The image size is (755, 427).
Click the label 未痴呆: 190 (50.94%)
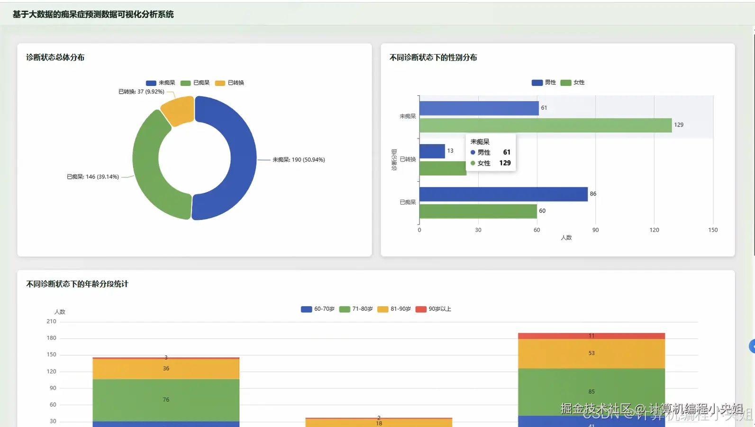click(x=299, y=160)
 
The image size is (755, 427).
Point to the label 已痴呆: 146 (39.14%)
click(x=93, y=177)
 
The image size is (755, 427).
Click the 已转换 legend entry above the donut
click(x=230, y=83)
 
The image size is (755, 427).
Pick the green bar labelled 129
click(x=545, y=125)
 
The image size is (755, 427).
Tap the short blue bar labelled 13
click(x=432, y=151)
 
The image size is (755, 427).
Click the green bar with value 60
click(x=478, y=211)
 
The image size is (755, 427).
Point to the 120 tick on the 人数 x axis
click(x=654, y=230)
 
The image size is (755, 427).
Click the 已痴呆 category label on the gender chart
click(x=408, y=203)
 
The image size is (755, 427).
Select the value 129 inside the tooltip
click(x=505, y=163)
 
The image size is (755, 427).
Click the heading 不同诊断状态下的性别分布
click(x=433, y=57)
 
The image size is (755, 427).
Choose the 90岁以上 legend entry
click(x=434, y=309)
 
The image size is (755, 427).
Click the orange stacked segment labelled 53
click(x=591, y=353)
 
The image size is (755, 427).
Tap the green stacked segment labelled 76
click(x=166, y=399)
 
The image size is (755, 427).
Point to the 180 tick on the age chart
click(x=51, y=338)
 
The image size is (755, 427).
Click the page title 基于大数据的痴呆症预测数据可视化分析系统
click(x=93, y=15)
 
